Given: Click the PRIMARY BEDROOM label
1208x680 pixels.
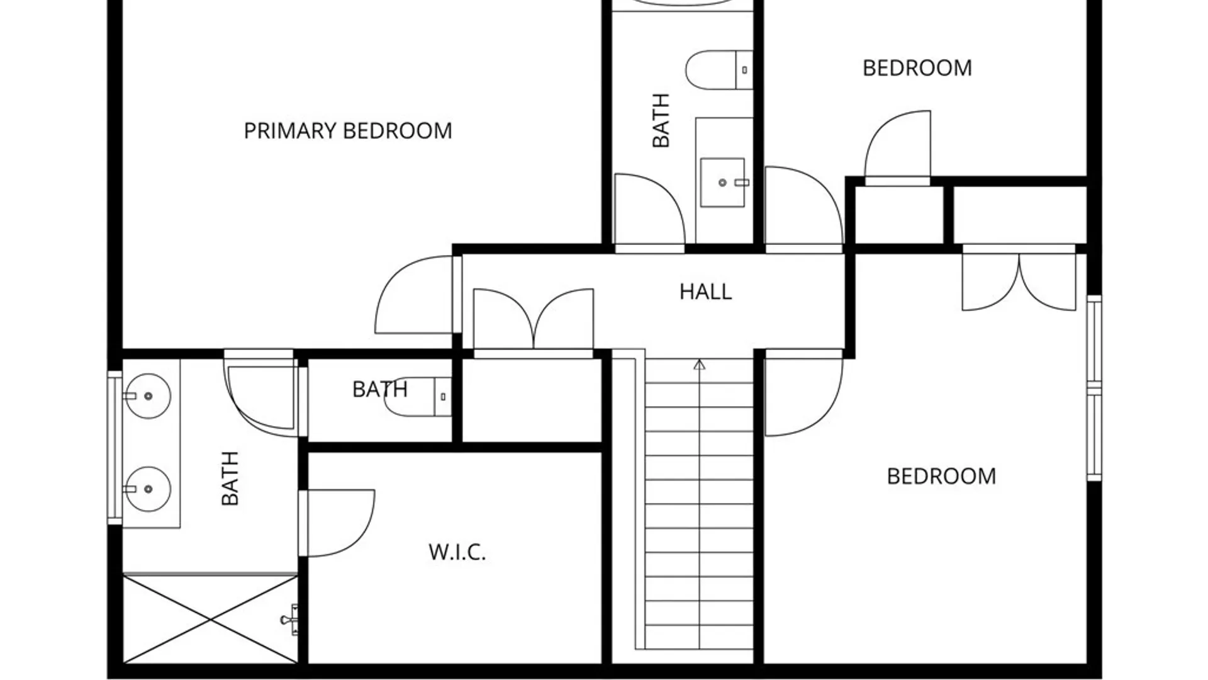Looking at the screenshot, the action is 348,131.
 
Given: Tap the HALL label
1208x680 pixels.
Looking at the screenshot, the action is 706,292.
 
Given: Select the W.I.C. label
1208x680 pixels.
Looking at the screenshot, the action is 457,552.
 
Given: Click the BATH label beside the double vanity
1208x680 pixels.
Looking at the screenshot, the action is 230,479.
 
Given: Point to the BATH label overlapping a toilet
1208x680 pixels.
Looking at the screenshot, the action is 380,389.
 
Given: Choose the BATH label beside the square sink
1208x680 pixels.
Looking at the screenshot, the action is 661,120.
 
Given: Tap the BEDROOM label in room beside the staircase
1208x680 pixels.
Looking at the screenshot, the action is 941,476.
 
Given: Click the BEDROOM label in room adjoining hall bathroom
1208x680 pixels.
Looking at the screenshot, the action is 917,68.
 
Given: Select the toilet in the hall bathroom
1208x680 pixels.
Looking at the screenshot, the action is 719,70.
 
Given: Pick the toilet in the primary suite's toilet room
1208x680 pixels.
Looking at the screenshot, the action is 418,397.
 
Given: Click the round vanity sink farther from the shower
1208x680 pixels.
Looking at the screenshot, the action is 148,396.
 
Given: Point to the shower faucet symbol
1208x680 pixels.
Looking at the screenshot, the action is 290,620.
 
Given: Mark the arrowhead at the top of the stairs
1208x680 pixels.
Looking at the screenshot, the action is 700,365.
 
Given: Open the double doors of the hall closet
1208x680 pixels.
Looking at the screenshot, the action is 533,320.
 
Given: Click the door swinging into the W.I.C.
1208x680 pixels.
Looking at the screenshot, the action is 337,523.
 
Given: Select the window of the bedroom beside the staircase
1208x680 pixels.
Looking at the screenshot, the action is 1095,388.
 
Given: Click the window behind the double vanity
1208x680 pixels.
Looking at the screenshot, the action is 115,447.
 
